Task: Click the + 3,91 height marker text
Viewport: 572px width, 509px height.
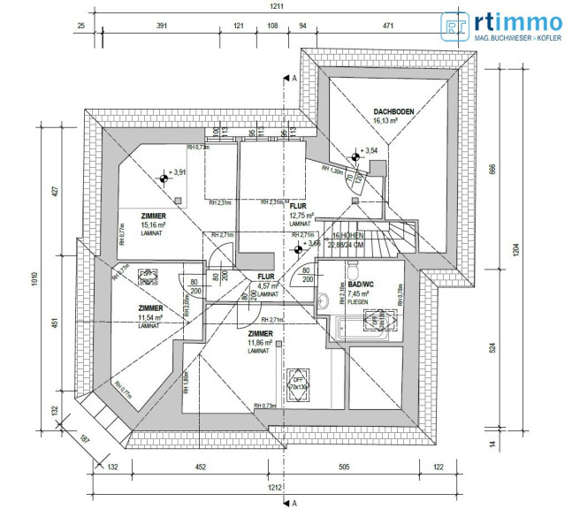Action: pyautogui.click(x=179, y=173)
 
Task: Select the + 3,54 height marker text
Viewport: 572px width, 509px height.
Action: pyautogui.click(x=370, y=151)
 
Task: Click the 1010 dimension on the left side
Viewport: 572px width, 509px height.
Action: pyautogui.click(x=35, y=278)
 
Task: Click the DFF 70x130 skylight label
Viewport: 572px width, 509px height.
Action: pyautogui.click(x=294, y=382)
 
